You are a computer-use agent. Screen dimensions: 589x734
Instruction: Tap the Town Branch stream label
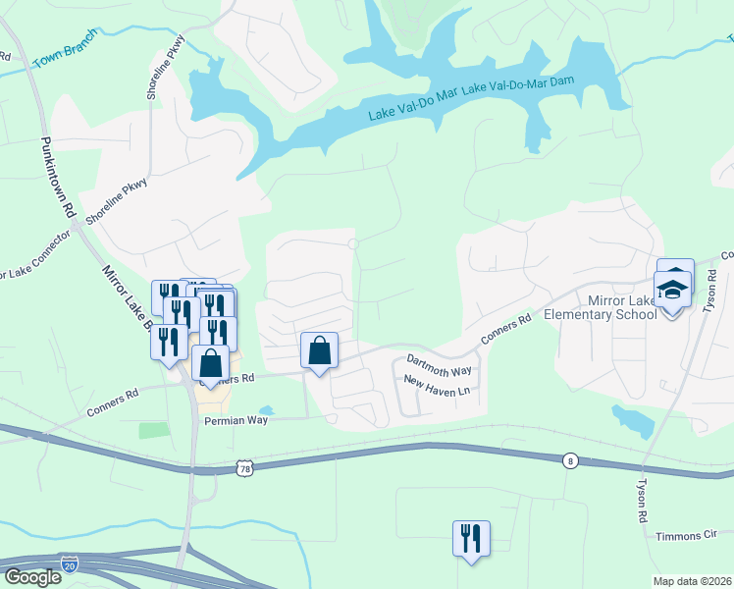[x=65, y=50]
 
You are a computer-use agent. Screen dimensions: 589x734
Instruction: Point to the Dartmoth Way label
[x=440, y=365]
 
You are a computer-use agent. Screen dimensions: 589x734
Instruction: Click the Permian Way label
[x=236, y=420]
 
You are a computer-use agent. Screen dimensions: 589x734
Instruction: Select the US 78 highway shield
[x=244, y=469]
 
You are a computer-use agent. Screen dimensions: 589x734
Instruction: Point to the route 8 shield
[x=569, y=459]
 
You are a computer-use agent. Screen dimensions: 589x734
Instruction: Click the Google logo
[x=32, y=577]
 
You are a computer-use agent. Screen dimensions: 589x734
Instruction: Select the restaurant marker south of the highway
[x=471, y=539]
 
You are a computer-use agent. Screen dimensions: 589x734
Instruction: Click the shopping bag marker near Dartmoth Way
[x=320, y=350]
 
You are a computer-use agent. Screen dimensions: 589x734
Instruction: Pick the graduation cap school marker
[x=673, y=290]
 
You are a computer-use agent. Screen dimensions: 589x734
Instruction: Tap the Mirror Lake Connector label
[x=35, y=257]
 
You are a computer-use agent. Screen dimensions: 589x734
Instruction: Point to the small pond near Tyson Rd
[x=634, y=420]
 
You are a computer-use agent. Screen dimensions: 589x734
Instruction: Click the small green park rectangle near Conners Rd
[x=153, y=430]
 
